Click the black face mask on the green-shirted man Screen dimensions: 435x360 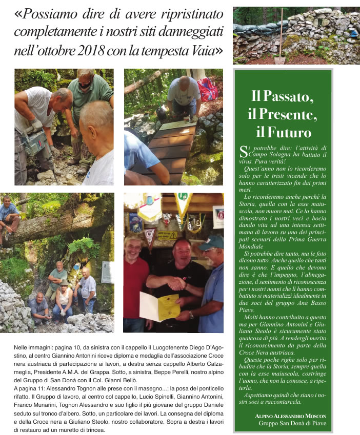tap(85, 85)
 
